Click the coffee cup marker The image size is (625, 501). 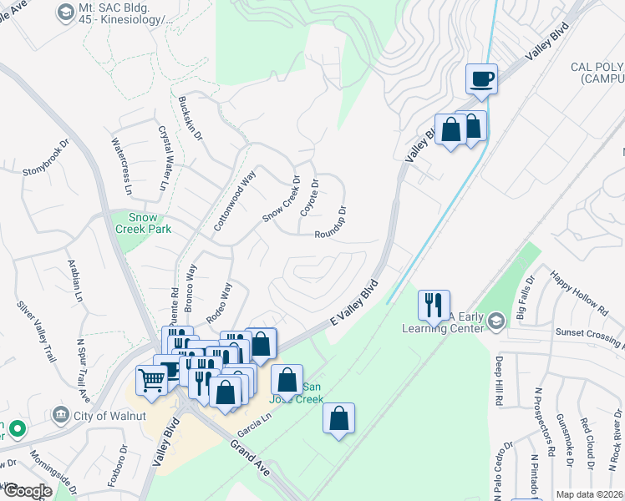click(x=482, y=79)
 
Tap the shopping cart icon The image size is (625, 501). click(x=151, y=380)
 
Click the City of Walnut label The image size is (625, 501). click(x=98, y=415)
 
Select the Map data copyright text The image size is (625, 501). click(x=589, y=494)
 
